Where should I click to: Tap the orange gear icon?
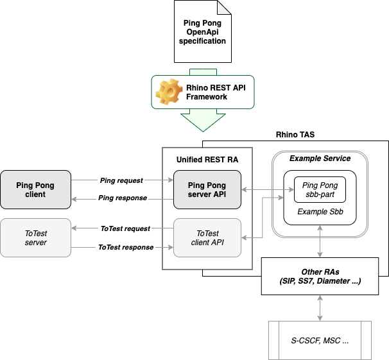pyautogui.click(x=168, y=92)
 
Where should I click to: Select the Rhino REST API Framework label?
pyautogui.click(x=206, y=92)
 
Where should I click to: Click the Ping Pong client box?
pyautogui.click(x=36, y=190)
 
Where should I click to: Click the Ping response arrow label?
pyautogui.click(x=123, y=198)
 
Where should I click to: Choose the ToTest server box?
pyautogui.click(x=36, y=238)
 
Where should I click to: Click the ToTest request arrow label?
pyautogui.click(x=125, y=228)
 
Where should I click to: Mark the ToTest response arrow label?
pyautogui.click(x=125, y=247)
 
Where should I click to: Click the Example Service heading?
pyautogui.click(x=320, y=159)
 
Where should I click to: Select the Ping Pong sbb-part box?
pyautogui.click(x=320, y=190)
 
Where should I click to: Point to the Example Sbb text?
pyautogui.click(x=320, y=211)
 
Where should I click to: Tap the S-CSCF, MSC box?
pyautogui.click(x=320, y=340)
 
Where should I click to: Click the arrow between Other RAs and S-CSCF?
pyautogui.click(x=320, y=308)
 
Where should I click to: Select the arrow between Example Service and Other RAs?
pyautogui.click(x=320, y=246)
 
